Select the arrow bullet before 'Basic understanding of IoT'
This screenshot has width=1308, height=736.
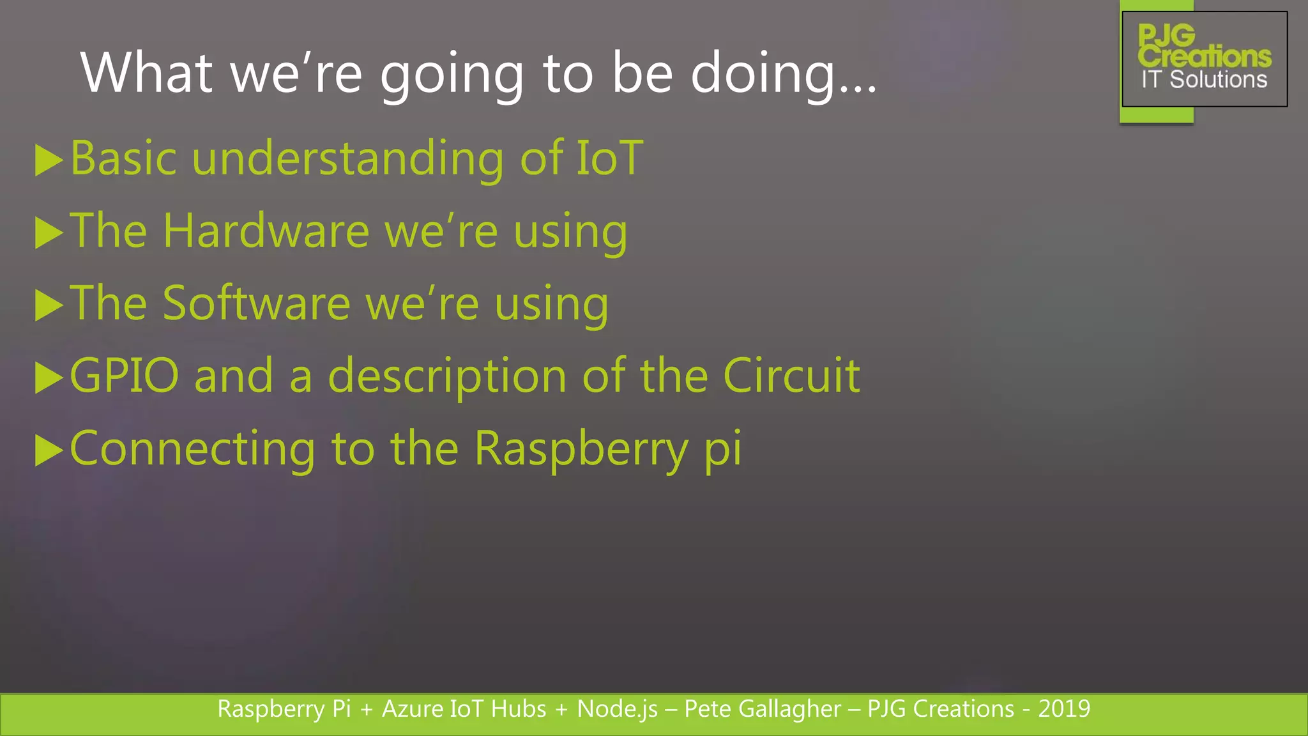[x=49, y=160]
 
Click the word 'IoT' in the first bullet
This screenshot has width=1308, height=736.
[x=609, y=158]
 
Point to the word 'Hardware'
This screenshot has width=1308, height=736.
[x=266, y=231]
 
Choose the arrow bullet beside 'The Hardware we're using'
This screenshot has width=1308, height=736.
[x=49, y=233]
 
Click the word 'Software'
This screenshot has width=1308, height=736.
[x=256, y=303]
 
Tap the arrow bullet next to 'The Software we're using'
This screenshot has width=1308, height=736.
[x=49, y=305]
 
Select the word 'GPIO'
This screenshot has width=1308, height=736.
[x=125, y=376]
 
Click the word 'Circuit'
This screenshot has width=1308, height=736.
[x=791, y=376]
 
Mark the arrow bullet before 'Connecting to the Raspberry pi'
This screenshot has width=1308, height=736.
[x=49, y=450]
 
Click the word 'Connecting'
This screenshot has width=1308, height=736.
[x=192, y=449]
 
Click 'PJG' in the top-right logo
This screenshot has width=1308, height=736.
[x=1166, y=34]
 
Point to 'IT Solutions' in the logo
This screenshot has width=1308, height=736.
[x=1204, y=80]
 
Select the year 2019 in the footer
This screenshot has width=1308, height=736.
[x=1064, y=709]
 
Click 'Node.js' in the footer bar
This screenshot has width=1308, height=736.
[x=617, y=709]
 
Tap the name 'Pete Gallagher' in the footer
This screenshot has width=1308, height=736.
[x=763, y=709]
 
